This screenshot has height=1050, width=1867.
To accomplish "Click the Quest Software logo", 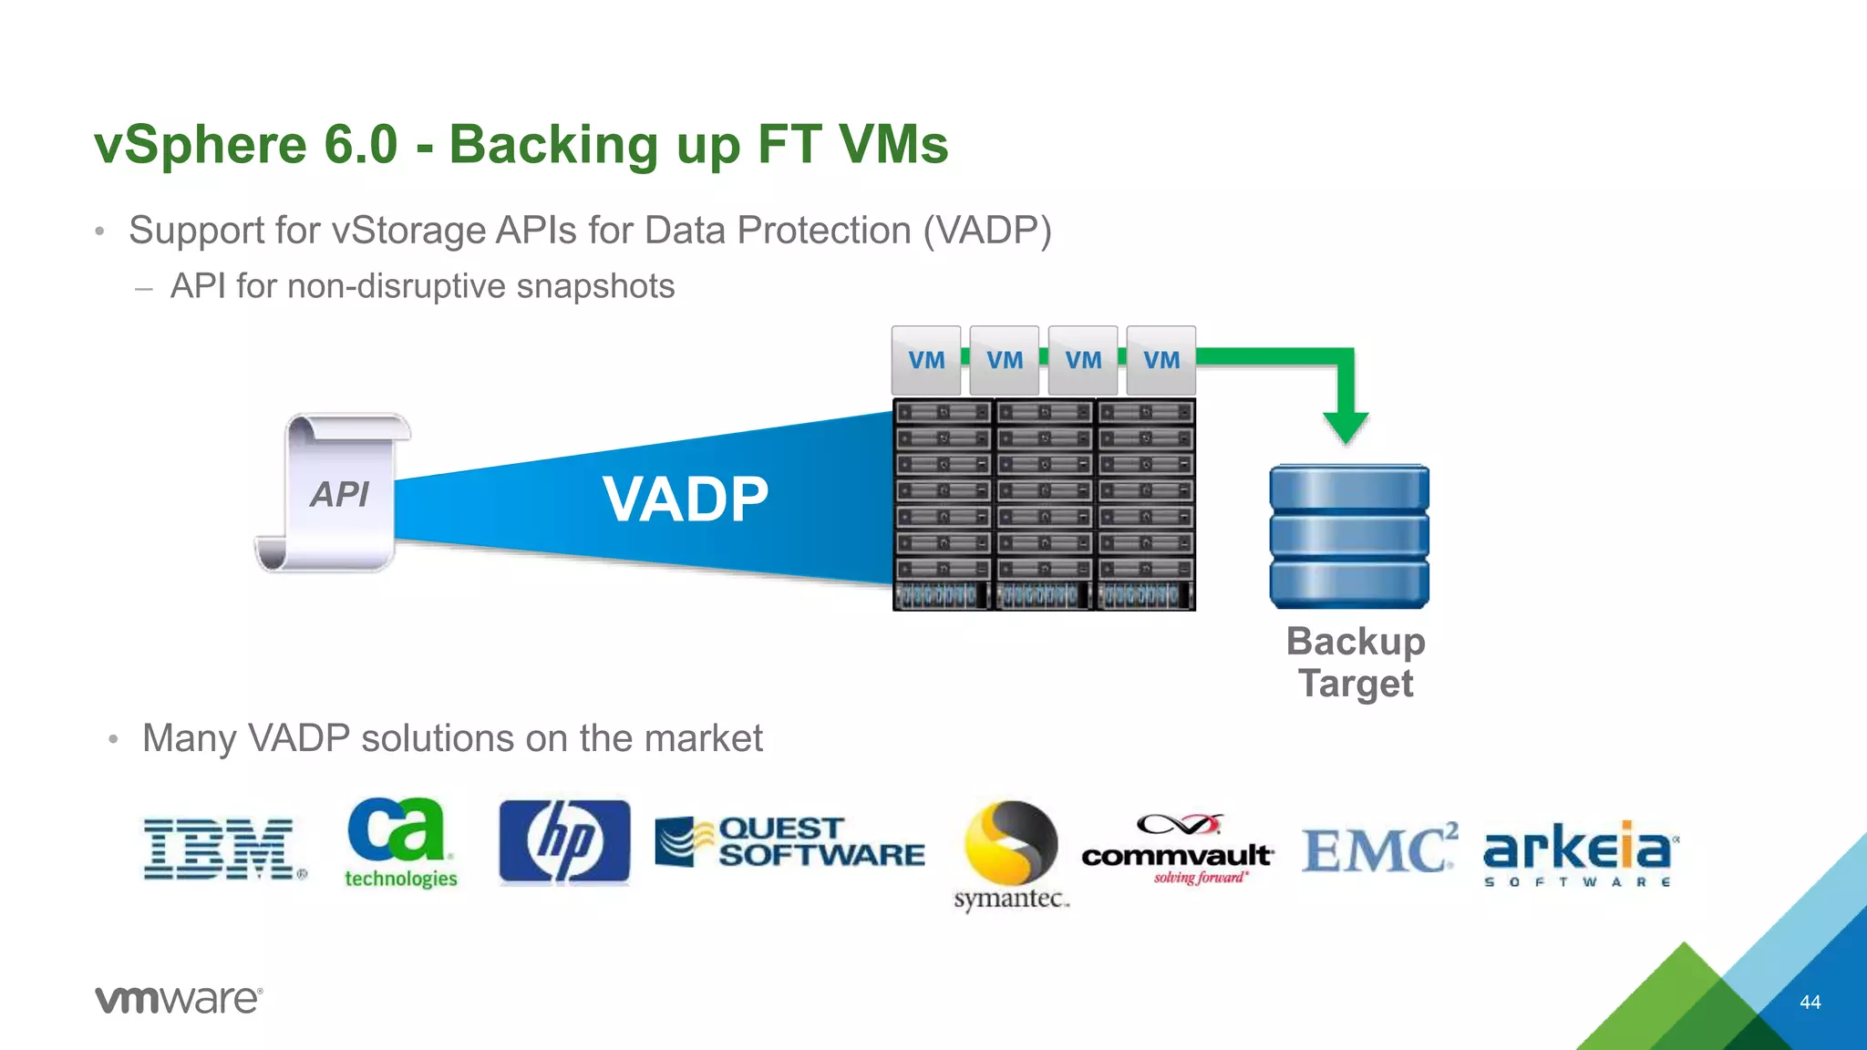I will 789,842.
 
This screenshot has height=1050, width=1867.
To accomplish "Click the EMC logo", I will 1377,849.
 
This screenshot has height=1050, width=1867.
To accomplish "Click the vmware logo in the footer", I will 179,1000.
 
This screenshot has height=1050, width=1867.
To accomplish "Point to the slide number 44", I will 1810,1003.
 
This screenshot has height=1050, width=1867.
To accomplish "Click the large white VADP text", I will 686,499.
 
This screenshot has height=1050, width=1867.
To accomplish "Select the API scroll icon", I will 335,492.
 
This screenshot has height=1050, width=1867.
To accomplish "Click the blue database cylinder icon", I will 1348,536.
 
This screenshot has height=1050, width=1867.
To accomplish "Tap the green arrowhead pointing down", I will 1346,427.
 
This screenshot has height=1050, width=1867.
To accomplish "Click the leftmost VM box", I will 926,360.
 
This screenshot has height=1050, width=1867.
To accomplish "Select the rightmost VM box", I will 1160,360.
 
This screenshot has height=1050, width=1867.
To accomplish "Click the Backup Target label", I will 1356,663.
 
